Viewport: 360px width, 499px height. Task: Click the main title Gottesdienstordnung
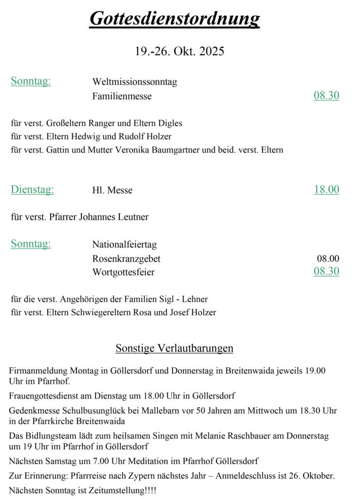click(174, 19)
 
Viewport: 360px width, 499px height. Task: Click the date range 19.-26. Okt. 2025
click(179, 51)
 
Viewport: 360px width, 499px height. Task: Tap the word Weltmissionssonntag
click(134, 82)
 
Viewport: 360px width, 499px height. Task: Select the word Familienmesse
click(122, 96)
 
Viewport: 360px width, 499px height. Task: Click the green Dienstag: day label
click(32, 190)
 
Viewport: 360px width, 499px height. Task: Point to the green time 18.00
click(326, 190)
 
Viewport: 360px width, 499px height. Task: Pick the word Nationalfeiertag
click(124, 244)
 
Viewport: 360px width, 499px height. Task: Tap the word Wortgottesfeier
click(123, 272)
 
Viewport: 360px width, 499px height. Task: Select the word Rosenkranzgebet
click(126, 259)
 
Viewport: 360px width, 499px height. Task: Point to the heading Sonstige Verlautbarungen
click(174, 348)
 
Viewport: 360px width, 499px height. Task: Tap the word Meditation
click(138, 461)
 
